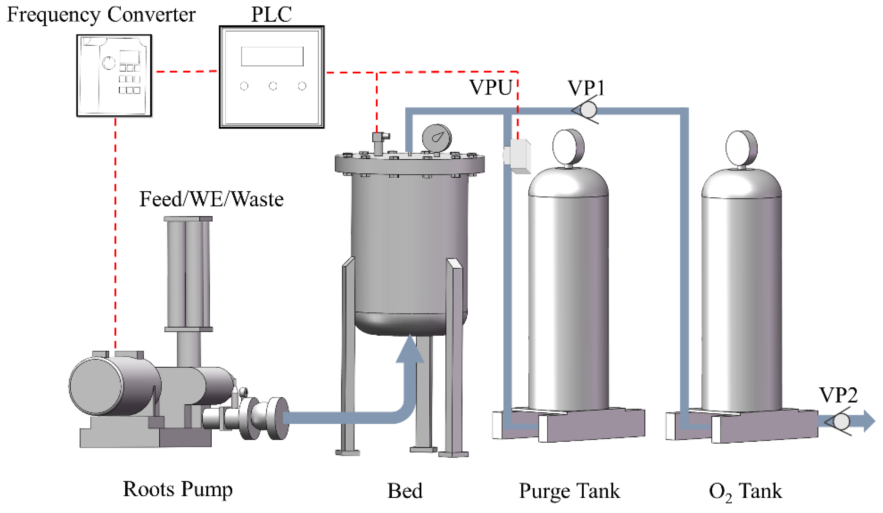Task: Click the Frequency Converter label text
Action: pyautogui.click(x=101, y=15)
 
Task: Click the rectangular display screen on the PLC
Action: pyautogui.click(x=272, y=56)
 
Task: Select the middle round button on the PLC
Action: pyautogui.click(x=273, y=86)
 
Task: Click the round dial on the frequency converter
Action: pyautogui.click(x=108, y=63)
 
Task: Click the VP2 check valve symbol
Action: pyautogui.click(x=839, y=421)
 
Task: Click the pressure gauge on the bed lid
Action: pyautogui.click(x=437, y=138)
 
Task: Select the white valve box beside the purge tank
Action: pyautogui.click(x=518, y=156)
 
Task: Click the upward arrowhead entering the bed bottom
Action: pyautogui.click(x=409, y=350)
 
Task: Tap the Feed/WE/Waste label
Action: pyautogui.click(x=211, y=199)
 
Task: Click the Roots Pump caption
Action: pyautogui.click(x=177, y=489)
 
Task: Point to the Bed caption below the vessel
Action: pyautogui.click(x=405, y=490)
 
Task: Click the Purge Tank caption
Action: pyautogui.click(x=569, y=490)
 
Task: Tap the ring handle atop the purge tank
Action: pyautogui.click(x=568, y=147)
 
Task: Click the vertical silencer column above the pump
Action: pyautogui.click(x=188, y=273)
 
